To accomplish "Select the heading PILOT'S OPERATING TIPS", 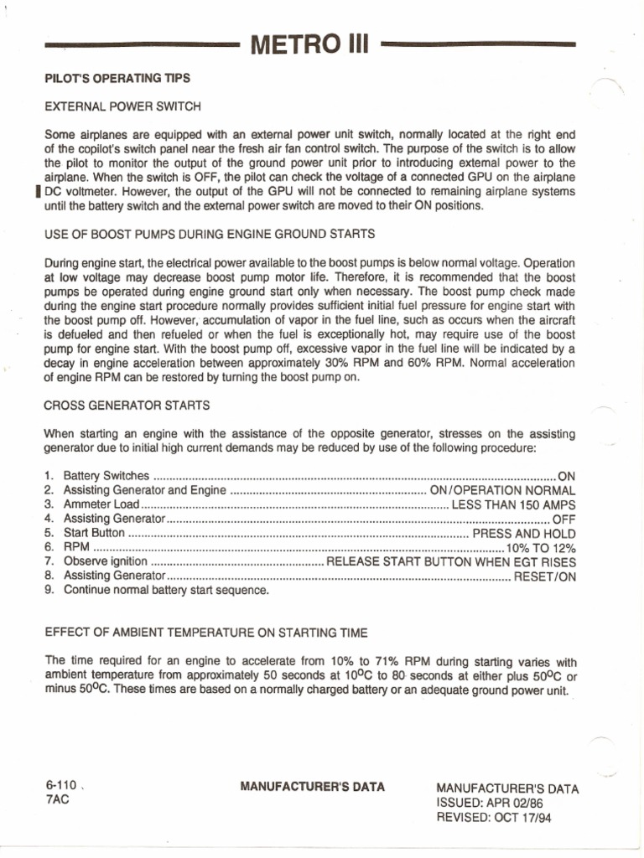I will point(117,79).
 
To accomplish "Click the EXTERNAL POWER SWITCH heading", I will point(122,106).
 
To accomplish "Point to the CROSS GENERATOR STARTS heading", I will point(127,406).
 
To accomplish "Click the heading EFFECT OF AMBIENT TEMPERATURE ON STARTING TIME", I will point(205,632).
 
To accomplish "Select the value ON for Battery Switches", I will point(567,475).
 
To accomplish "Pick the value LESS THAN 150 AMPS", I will point(513,504).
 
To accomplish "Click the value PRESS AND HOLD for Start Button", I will point(524,533).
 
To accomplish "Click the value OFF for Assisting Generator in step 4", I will point(564,519).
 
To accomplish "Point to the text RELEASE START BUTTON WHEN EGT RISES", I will point(451,561).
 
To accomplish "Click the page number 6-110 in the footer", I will point(61,785).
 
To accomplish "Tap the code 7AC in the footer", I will point(57,799).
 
